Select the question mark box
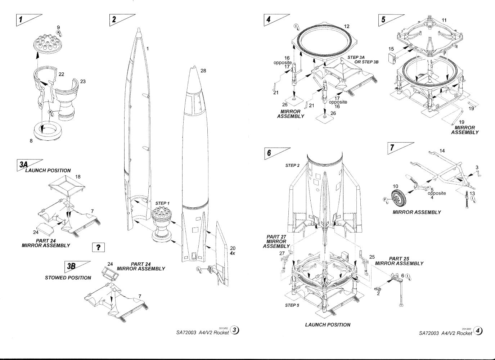pyautogui.click(x=98, y=247)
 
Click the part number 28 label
pyautogui.click(x=203, y=71)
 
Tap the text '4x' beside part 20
pyautogui.click(x=233, y=253)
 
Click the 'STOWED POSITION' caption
pyautogui.click(x=68, y=278)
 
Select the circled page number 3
pyautogui.click(x=234, y=330)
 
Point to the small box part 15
pyautogui.click(x=392, y=58)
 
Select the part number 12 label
pyautogui.click(x=347, y=26)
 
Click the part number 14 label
pyautogui.click(x=442, y=151)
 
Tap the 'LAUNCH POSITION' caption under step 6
pyautogui.click(x=327, y=325)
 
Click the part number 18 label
pyautogui.click(x=78, y=177)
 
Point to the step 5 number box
pyautogui.click(x=384, y=20)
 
